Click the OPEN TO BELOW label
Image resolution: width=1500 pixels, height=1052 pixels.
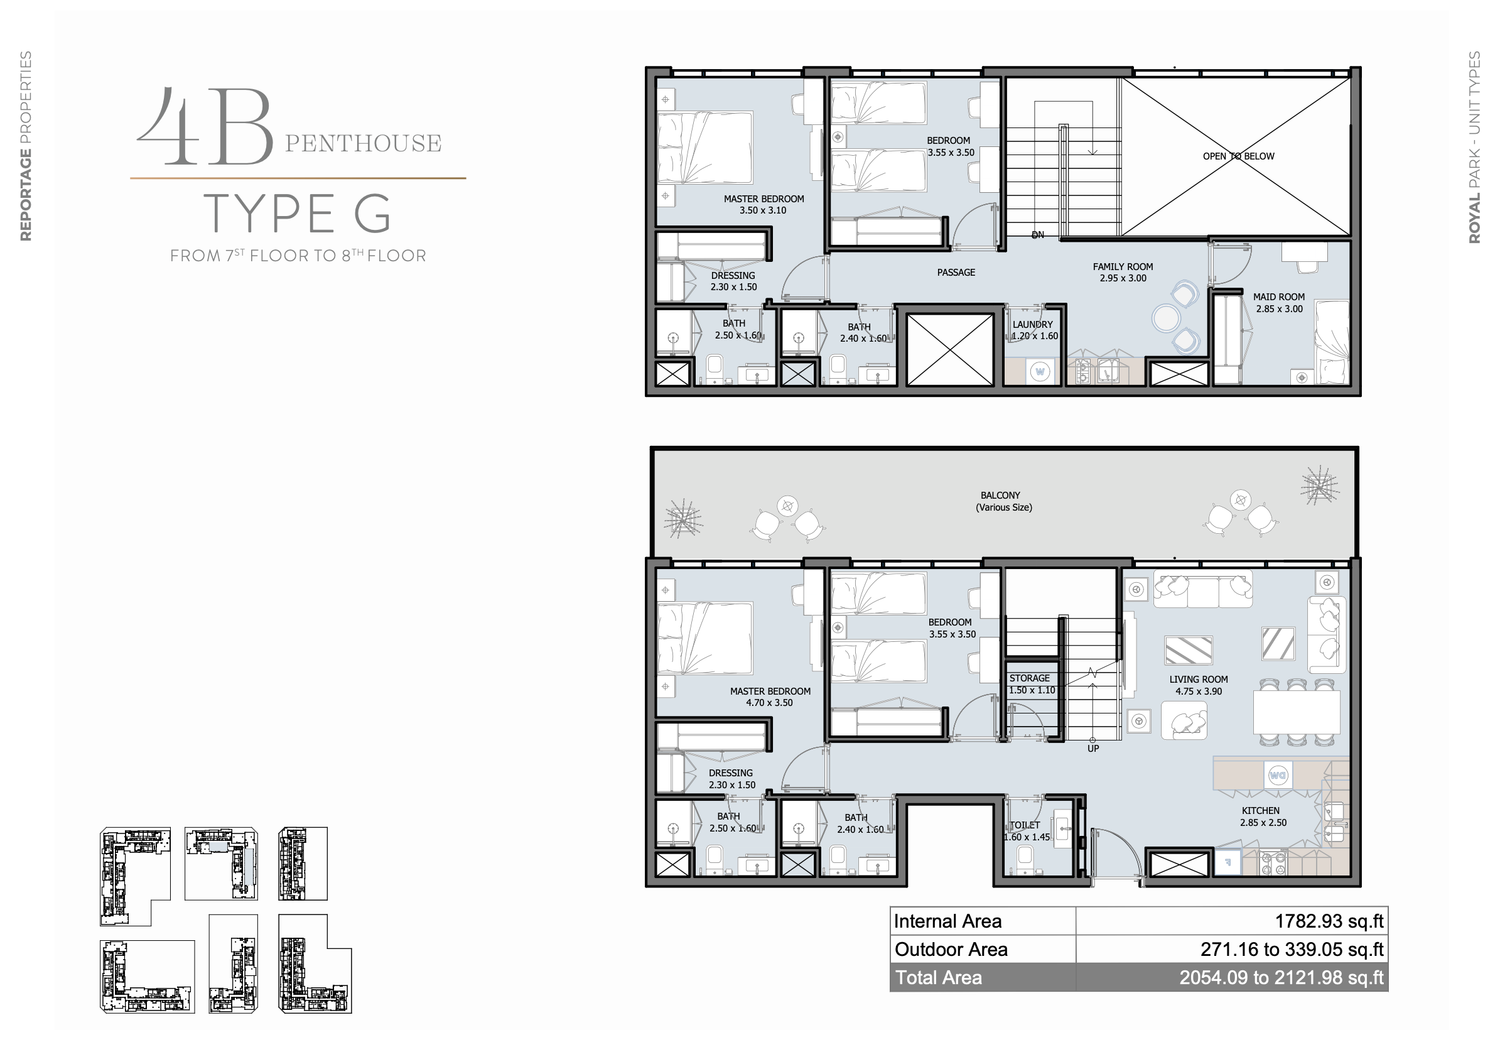[1238, 156]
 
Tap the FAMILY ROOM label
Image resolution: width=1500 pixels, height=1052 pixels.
[1123, 266]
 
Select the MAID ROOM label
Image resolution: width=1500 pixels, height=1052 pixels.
[1278, 296]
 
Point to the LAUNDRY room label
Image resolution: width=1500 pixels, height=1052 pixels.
[1032, 325]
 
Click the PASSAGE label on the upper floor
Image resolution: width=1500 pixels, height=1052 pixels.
[956, 273]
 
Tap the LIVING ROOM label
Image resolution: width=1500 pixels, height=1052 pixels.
[1198, 680]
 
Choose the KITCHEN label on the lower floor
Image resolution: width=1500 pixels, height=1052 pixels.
[1260, 811]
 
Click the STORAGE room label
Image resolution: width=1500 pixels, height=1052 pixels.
[1030, 678]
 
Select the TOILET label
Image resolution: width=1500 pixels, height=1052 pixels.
[1025, 825]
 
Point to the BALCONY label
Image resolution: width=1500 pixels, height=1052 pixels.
[1000, 496]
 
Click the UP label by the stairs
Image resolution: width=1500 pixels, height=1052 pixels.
[1093, 749]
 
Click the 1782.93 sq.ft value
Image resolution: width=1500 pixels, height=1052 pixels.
[1329, 921]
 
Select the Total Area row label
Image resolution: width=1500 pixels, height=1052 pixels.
[938, 977]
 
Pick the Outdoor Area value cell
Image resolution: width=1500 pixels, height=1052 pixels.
[1231, 950]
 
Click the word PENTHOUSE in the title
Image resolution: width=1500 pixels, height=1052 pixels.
[364, 143]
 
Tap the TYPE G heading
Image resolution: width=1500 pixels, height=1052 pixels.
[298, 214]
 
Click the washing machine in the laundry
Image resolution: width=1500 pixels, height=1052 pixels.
[1039, 372]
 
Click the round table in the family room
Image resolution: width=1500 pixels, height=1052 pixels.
[1165, 319]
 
